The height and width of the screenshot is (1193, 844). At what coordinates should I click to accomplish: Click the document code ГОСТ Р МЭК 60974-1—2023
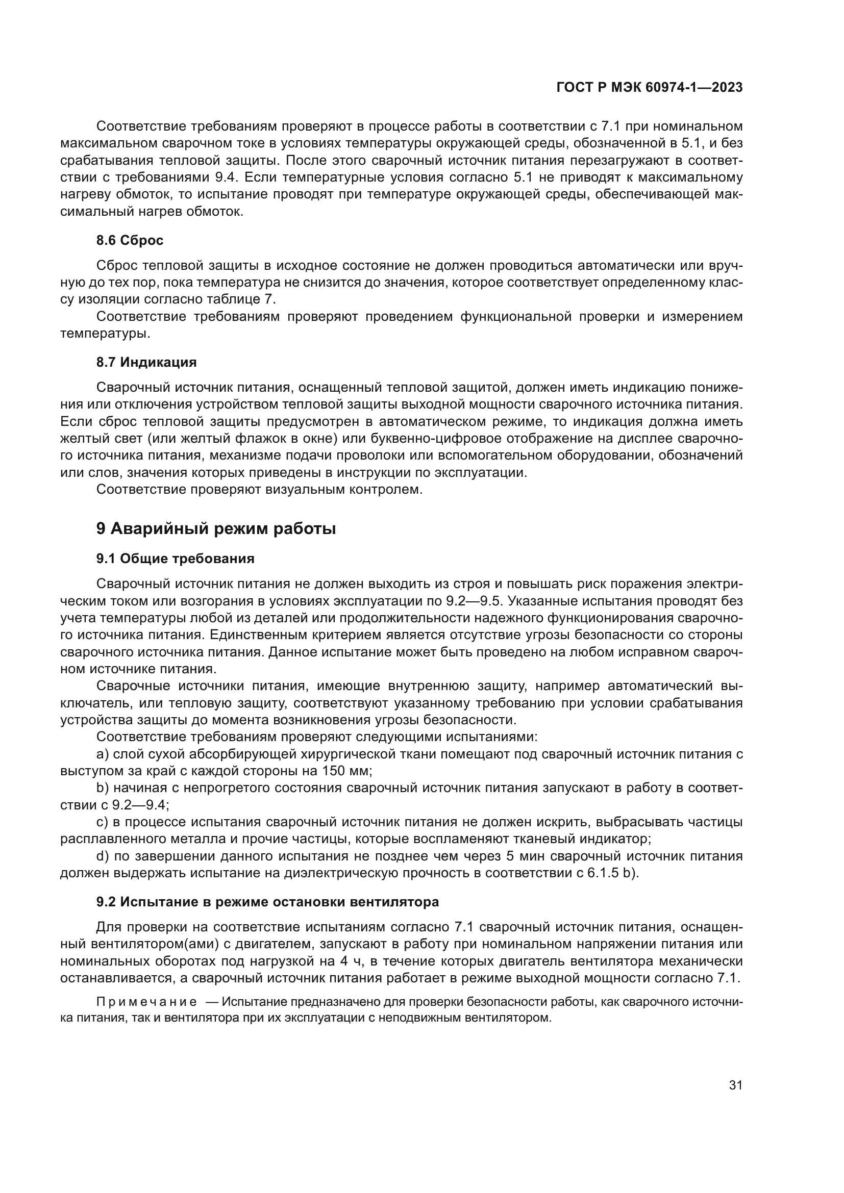649,87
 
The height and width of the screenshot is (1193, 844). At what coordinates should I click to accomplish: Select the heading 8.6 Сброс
130,240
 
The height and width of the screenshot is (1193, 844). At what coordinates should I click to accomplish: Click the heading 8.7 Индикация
146,362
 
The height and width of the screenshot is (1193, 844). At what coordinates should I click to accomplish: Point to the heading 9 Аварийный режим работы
216,529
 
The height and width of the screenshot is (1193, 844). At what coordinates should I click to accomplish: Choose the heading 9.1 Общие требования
175,559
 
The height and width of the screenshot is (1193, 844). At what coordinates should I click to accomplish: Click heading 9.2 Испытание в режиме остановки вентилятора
268,901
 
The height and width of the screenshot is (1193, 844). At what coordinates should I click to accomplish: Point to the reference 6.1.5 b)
612,872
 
